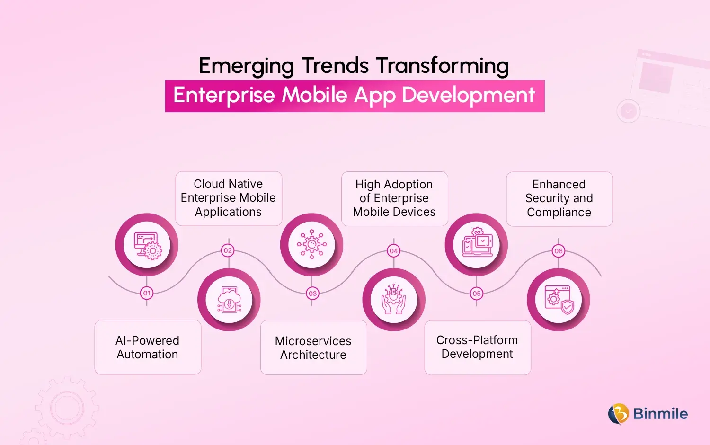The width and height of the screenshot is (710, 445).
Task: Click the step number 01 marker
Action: [147, 293]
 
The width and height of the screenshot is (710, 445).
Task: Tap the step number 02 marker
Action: [228, 250]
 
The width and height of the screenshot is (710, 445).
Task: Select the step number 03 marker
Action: [312, 294]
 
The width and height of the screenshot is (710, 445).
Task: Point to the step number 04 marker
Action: [394, 251]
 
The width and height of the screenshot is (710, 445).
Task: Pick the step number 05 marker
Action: [477, 294]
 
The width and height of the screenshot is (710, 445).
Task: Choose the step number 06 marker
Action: [559, 251]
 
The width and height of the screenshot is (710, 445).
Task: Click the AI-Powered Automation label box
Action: [148, 347]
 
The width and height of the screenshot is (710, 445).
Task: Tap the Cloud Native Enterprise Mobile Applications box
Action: [229, 198]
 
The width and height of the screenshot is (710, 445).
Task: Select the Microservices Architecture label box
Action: [313, 347]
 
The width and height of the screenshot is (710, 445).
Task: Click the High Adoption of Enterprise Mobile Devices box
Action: [394, 198]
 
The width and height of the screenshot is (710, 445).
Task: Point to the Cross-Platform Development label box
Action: [478, 347]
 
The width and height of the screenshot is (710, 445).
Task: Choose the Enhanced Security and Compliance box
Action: [559, 199]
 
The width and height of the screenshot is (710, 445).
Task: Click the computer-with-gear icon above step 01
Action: [147, 245]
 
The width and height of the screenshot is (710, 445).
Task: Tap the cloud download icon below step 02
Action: [229, 300]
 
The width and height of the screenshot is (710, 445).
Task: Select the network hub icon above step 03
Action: [311, 245]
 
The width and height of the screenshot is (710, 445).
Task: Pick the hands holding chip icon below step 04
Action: [394, 300]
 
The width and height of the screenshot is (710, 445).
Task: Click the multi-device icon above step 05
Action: [477, 245]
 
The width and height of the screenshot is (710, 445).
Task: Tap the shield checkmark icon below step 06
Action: [559, 300]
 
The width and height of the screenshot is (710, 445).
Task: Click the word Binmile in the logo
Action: [660, 414]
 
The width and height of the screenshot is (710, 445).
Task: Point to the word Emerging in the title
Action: [247, 66]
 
